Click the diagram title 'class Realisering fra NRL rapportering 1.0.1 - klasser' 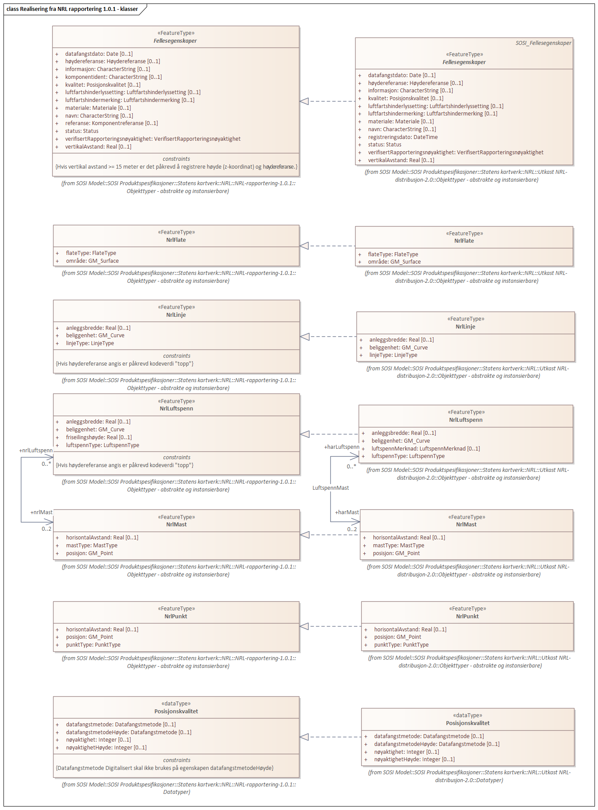[x=72, y=9]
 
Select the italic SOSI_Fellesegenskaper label [x=543, y=43]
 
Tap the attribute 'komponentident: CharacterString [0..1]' [x=113, y=77]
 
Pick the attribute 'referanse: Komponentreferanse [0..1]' [x=111, y=123]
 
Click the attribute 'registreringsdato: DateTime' [x=403, y=137]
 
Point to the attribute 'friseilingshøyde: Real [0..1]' [x=99, y=437]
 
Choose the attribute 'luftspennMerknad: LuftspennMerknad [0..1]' [x=425, y=448]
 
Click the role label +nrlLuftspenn [x=36, y=450]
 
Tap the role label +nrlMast [x=41, y=512]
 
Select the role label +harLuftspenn [x=342, y=447]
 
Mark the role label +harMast [x=347, y=512]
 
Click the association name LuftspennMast [x=330, y=488]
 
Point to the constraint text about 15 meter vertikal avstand [x=176, y=167]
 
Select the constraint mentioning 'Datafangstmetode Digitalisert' [x=165, y=768]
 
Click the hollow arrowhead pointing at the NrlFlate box [x=305, y=246]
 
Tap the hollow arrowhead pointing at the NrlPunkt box [x=305, y=626]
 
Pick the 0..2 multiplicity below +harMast [x=352, y=529]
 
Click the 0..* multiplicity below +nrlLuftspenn [x=47, y=464]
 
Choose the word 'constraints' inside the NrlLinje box [x=176, y=356]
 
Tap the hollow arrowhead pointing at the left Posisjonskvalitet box [x=305, y=737]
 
